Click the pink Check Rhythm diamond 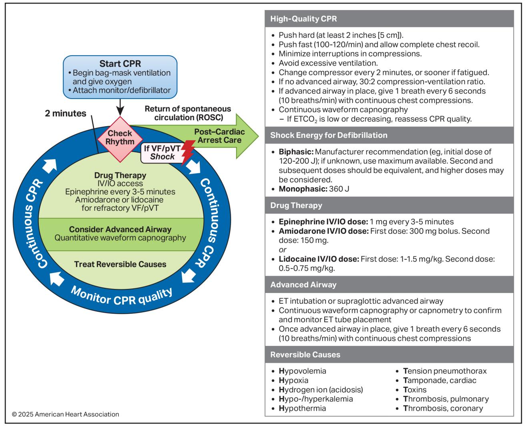pos(120,139)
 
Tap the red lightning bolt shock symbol pos(188,153)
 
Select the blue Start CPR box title pos(120,64)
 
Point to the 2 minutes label pos(66,113)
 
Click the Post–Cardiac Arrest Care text pos(219,136)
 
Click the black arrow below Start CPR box pos(120,107)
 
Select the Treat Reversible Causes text pos(120,264)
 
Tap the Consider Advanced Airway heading pos(120,229)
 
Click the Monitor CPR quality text pos(121,297)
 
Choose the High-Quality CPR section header pos(303,19)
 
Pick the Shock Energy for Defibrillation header pos(329,135)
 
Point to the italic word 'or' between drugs pos(283,250)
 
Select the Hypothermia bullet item pos(302,408)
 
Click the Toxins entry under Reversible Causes pos(415,390)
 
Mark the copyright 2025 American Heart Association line pos(66,414)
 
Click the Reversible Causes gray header pos(305,355)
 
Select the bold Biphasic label pos(296,151)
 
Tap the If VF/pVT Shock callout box pos(163,153)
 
